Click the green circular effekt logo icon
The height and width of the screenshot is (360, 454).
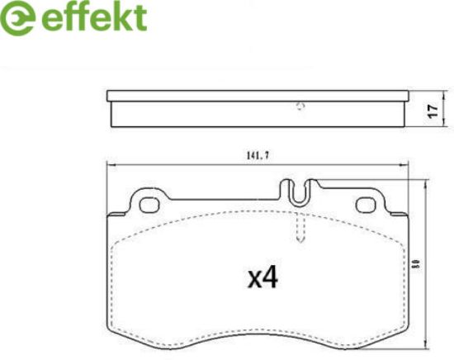[17, 19]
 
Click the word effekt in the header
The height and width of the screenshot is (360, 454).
[94, 17]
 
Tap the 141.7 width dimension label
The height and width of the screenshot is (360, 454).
[258, 156]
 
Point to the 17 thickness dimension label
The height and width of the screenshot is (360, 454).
[433, 111]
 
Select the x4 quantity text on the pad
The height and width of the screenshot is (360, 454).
[262, 277]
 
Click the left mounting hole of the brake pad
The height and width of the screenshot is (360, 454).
[149, 205]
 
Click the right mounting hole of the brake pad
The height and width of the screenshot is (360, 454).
[366, 205]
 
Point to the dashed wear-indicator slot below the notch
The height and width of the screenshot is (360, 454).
[300, 227]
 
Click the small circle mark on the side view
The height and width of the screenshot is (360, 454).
[300, 107]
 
